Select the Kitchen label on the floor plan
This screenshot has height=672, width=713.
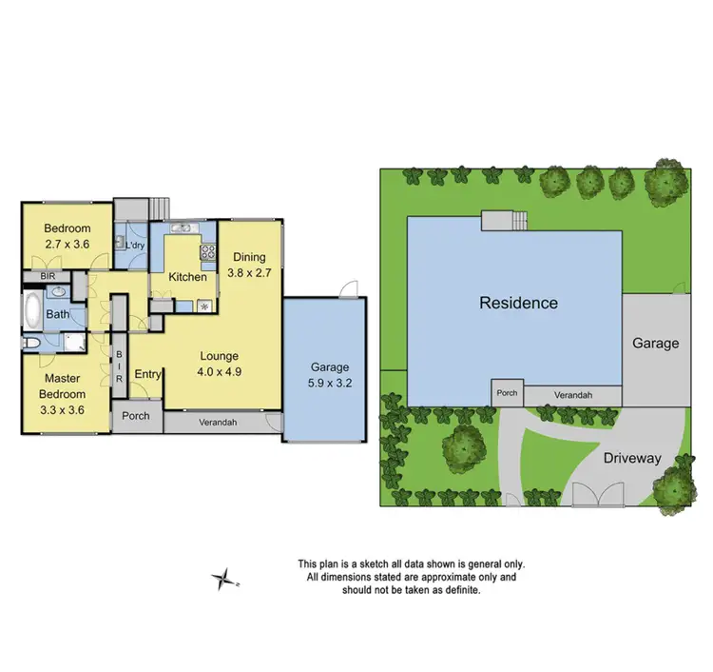pos(187,277)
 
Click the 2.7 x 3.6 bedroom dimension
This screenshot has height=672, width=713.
pos(67,245)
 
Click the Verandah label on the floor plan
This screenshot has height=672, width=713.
pos(217,423)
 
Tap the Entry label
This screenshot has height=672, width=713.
pos(147,374)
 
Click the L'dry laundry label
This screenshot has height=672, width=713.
pos(136,246)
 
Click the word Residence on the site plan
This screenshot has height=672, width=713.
pos(518,303)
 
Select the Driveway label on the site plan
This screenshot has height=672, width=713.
pos(631,458)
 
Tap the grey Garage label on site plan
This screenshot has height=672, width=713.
pos(656,343)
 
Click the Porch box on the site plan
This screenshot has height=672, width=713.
pos(507,392)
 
